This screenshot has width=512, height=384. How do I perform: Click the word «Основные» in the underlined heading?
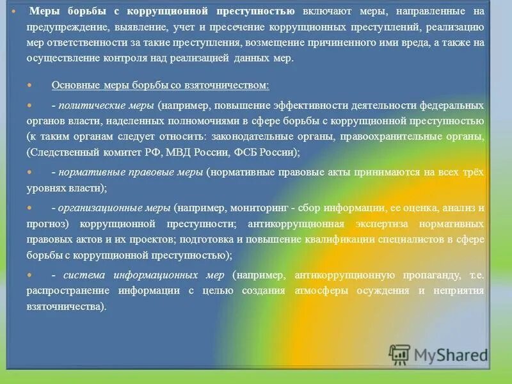pyautogui.click(x=74, y=85)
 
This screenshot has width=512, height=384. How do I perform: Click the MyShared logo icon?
pyautogui.click(x=399, y=355)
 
